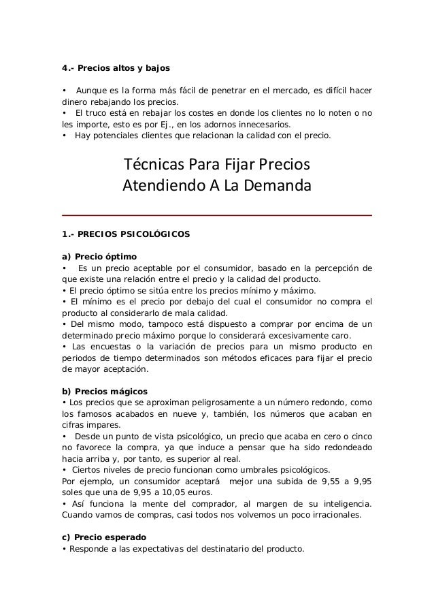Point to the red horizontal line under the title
(x=217, y=215)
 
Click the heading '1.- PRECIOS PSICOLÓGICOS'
(x=126, y=235)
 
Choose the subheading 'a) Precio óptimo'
(x=99, y=257)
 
